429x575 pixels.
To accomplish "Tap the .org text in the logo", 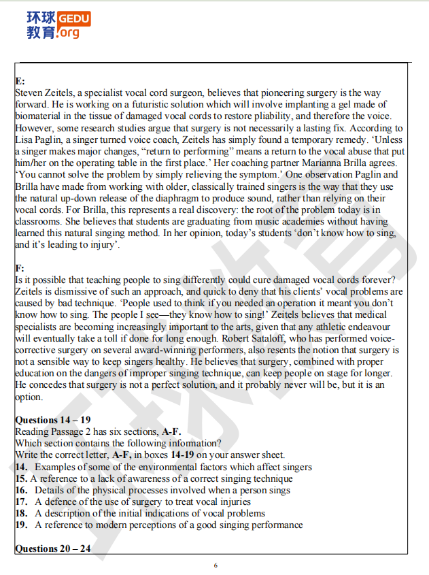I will (x=69, y=32).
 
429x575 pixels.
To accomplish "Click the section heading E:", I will (x=20, y=81).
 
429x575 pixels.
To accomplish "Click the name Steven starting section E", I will (x=29, y=93).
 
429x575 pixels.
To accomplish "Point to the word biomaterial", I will (x=39, y=116).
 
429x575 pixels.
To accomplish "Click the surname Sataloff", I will (x=244, y=338).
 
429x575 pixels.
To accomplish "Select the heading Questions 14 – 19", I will (x=52, y=420).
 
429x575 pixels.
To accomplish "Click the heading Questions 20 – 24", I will (x=52, y=549).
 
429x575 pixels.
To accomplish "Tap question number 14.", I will (x=21, y=467).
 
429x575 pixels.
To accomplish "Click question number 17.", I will (x=21, y=502).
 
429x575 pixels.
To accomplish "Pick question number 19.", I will (x=21, y=525).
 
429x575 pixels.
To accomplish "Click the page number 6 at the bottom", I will (x=216, y=565).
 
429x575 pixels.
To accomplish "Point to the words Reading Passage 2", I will (x=55, y=431).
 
